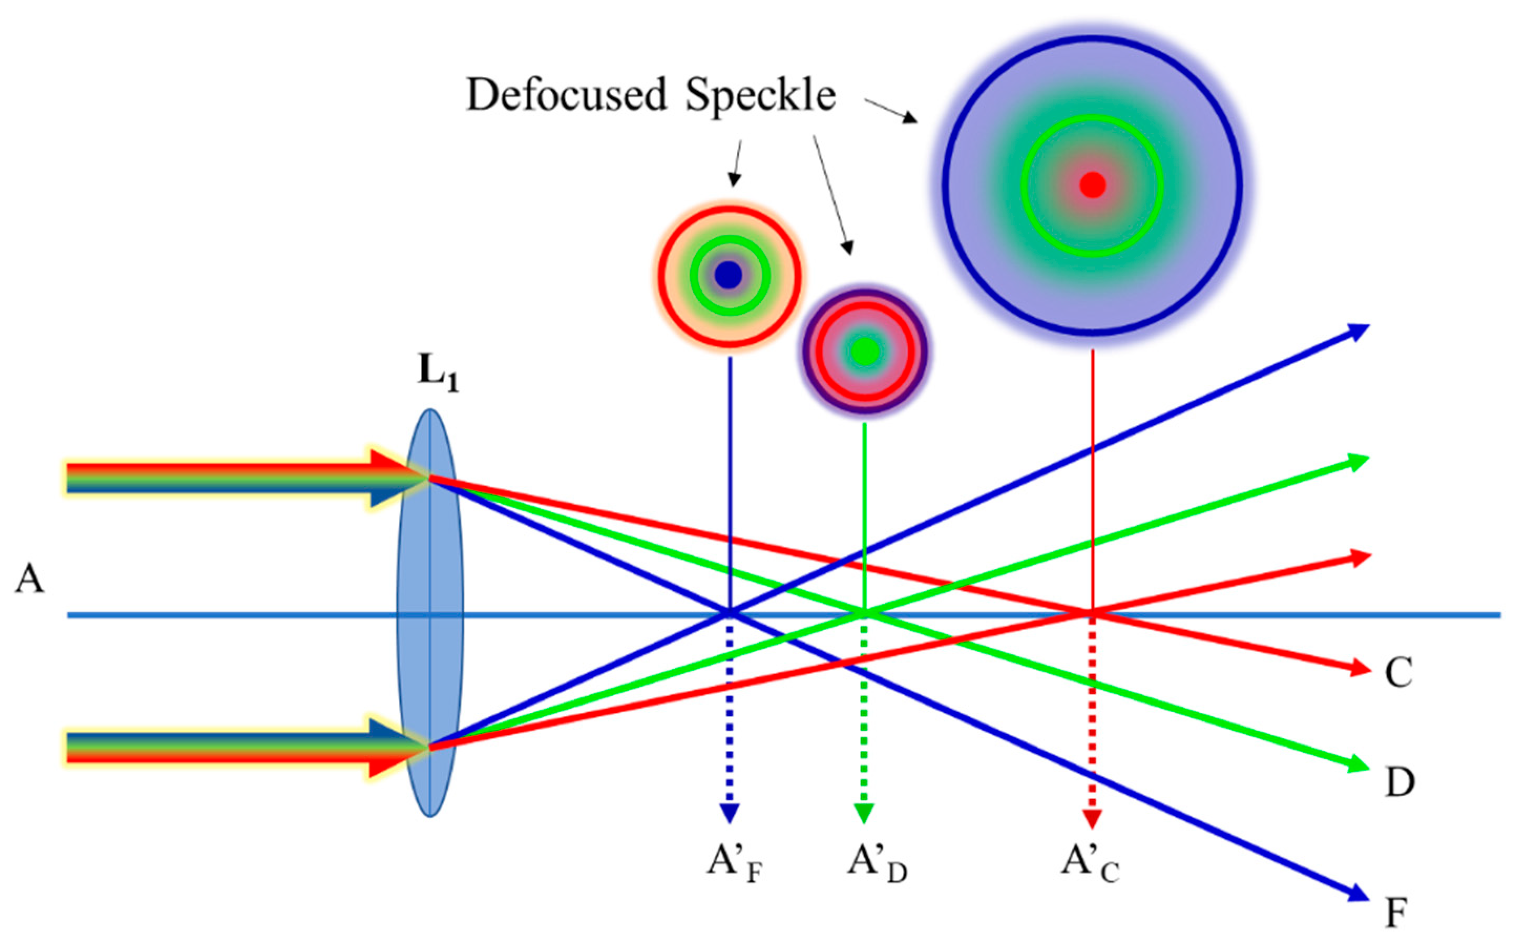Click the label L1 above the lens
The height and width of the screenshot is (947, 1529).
[x=437, y=374]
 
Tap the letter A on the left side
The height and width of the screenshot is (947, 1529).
[x=29, y=579]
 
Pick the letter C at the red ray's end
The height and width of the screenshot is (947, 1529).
[x=1397, y=673]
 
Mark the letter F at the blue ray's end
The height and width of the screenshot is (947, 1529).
[x=1396, y=913]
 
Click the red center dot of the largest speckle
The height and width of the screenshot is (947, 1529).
[x=1092, y=185]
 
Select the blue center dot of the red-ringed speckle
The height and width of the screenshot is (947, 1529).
[x=728, y=274]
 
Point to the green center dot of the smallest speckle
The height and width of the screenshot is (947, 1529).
[x=866, y=352]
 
